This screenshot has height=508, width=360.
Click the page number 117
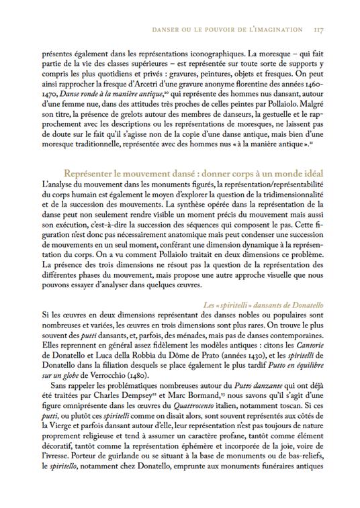click(x=320, y=30)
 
